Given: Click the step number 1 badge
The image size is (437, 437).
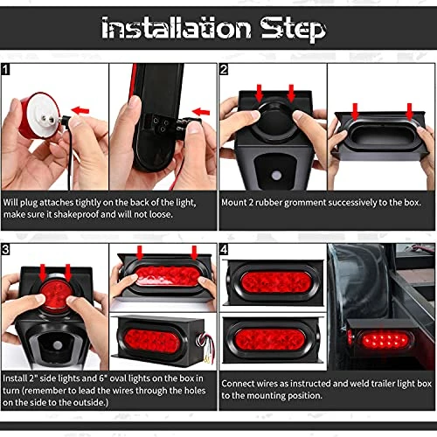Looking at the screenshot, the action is click(5, 70).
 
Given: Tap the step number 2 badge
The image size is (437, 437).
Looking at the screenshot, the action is click(224, 70).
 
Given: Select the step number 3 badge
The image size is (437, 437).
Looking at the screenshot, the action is click(5, 249).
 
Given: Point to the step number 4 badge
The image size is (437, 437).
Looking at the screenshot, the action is click(224, 249).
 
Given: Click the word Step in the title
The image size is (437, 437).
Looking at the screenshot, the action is click(293, 29).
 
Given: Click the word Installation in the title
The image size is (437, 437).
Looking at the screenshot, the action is click(176, 28).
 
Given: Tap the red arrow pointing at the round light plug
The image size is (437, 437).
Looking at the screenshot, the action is click(80, 110).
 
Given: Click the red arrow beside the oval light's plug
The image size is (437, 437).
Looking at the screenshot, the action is click(201, 112).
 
